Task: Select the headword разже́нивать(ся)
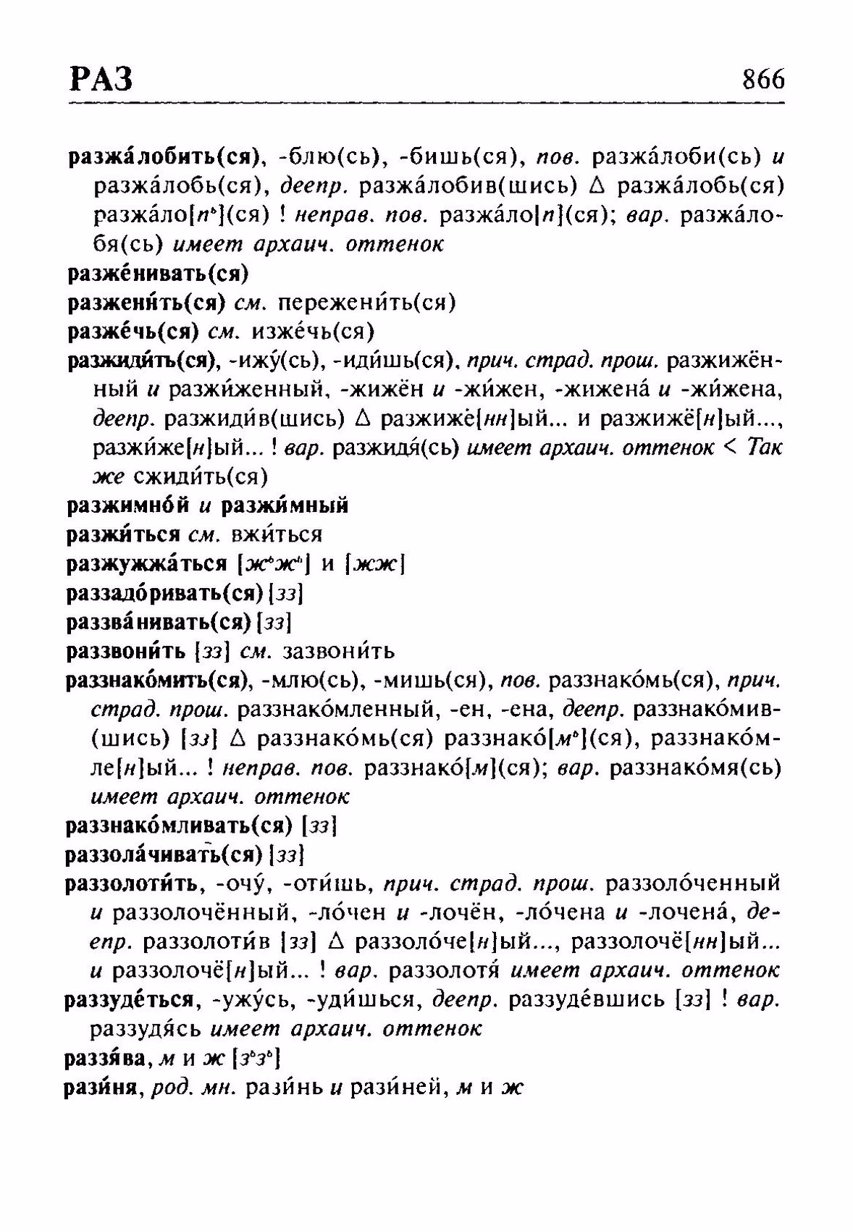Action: (x=158, y=274)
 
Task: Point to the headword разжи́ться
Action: (x=122, y=535)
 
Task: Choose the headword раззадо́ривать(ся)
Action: (x=164, y=594)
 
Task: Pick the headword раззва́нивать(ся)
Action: (x=159, y=622)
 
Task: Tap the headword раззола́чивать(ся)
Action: (x=164, y=854)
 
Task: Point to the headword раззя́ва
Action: (x=107, y=1059)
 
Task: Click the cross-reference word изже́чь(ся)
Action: (x=312, y=332)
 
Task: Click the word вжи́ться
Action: (x=276, y=535)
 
